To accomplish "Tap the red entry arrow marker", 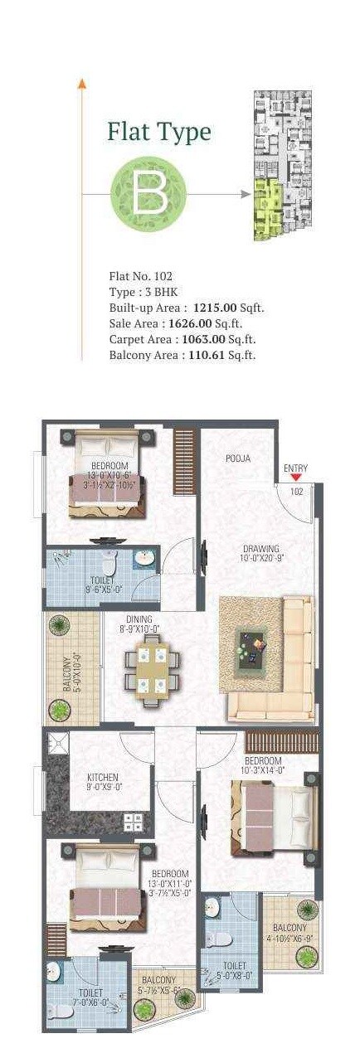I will (295, 478).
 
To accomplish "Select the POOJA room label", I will (238, 459).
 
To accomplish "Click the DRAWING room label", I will (260, 548).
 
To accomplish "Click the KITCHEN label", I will (105, 777).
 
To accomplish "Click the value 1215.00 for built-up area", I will (216, 307).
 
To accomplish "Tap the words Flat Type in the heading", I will (158, 132).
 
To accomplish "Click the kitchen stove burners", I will (133, 822).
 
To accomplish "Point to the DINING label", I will (139, 619).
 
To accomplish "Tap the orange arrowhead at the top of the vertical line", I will (81, 83).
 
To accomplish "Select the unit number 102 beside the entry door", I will (297, 492).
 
